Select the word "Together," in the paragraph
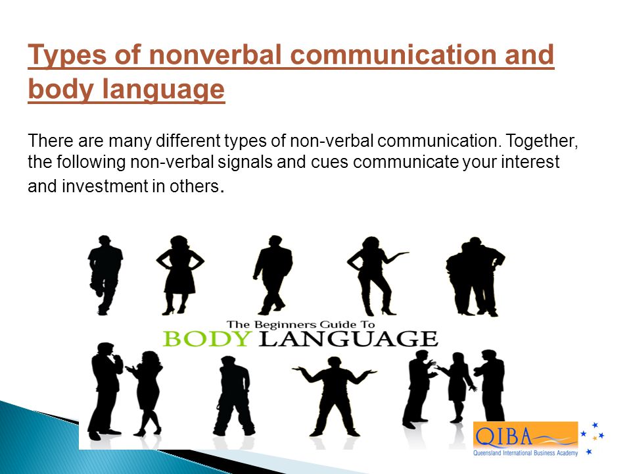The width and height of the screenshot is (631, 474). click(542, 141)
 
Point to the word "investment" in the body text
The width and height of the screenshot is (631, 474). click(105, 186)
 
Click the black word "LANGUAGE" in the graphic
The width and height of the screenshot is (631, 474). click(348, 339)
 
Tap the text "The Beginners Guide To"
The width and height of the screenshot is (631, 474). click(300, 325)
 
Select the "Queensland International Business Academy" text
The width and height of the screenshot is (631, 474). click(525, 453)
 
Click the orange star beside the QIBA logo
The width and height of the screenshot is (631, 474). click(595, 438)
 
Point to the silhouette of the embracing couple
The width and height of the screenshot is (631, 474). click(475, 276)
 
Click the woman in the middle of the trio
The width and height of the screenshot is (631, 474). click(457, 388)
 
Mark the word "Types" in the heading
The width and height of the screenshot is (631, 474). click(68, 55)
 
